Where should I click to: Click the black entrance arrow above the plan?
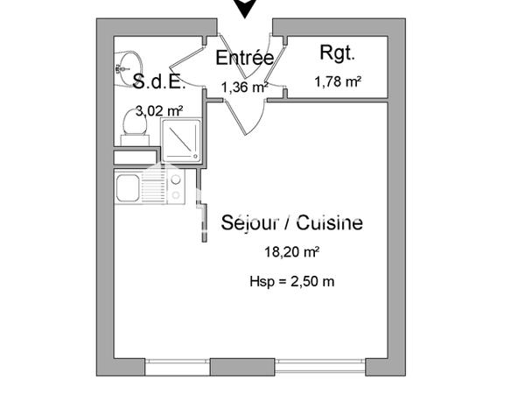coord(248,8)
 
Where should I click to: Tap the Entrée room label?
coord(244,59)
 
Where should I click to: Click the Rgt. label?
coord(337,53)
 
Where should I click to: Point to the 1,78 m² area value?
coord(338,82)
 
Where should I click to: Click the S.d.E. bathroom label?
coord(159,82)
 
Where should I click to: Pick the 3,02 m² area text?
coord(157,111)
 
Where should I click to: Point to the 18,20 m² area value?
coord(291,252)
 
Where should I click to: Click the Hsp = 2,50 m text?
coord(291,281)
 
